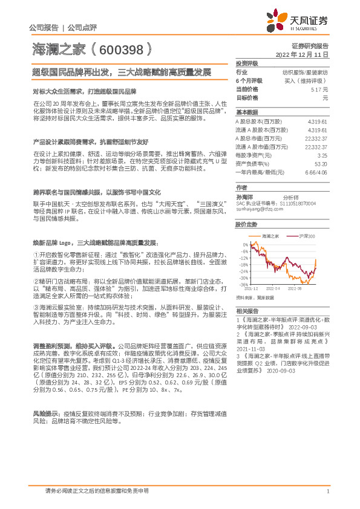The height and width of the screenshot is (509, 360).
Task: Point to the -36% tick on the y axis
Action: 243,284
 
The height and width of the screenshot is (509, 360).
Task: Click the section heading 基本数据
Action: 246,112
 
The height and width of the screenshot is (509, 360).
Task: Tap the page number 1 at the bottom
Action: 327,491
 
